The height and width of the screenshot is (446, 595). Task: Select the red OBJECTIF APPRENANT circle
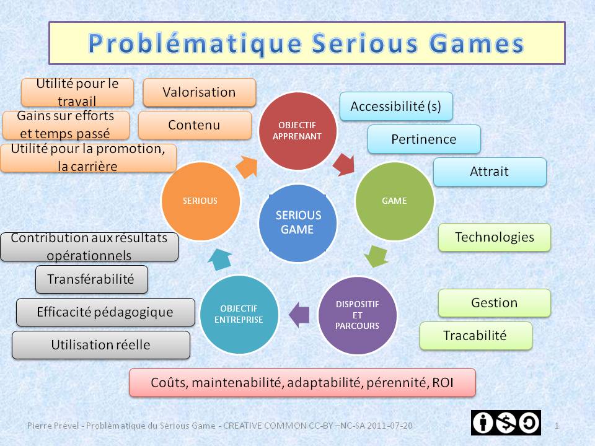tap(297, 131)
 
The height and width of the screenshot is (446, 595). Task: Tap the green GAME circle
tap(394, 201)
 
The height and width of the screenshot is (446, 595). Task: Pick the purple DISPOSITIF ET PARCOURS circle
tap(358, 315)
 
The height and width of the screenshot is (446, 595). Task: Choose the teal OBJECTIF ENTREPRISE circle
tap(239, 314)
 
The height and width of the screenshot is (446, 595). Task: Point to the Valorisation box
tap(199, 92)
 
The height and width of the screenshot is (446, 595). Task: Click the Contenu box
tap(195, 125)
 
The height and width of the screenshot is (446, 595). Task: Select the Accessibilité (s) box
tap(396, 107)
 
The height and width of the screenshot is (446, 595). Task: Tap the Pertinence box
tap(424, 139)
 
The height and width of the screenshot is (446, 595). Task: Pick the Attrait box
tap(490, 172)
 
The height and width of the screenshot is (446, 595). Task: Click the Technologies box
tap(494, 237)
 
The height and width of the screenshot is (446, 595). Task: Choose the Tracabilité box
tap(475, 336)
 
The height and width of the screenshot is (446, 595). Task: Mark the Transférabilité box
tap(92, 279)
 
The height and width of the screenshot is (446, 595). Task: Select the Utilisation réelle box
tap(101, 345)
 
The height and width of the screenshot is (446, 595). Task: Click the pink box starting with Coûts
tap(302, 383)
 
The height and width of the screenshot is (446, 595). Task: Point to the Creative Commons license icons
tap(506, 422)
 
